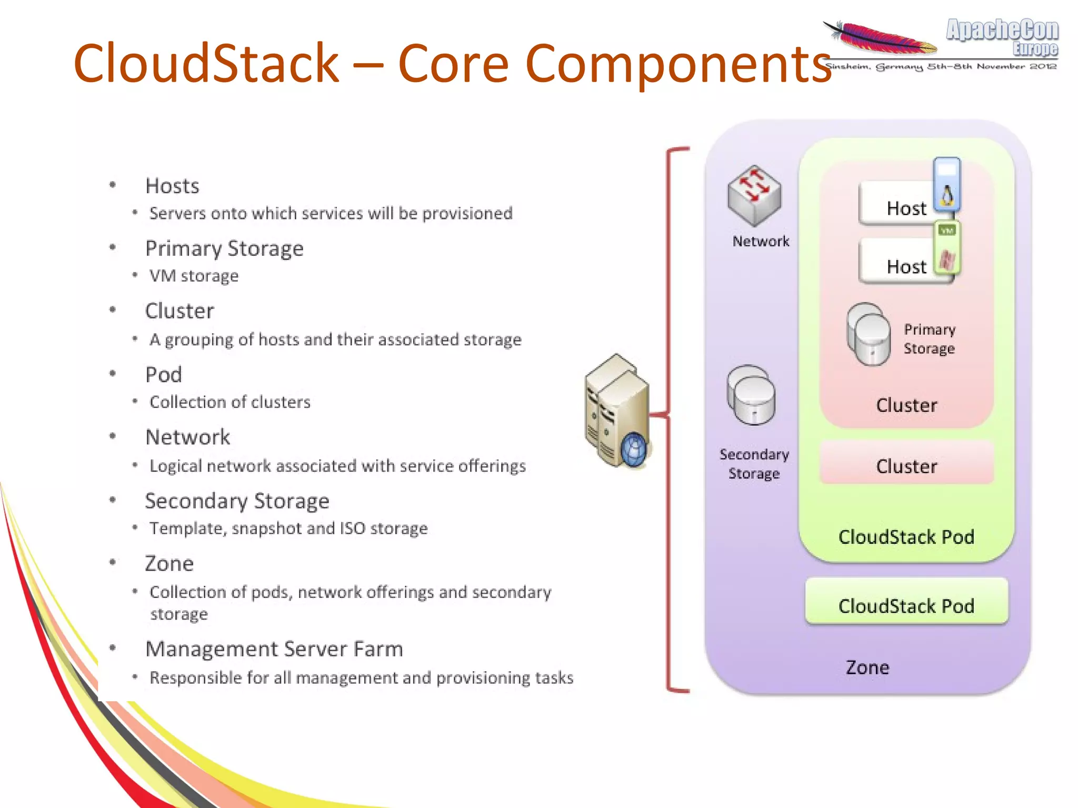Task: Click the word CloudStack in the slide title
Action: (206, 63)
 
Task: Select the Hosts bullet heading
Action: (172, 186)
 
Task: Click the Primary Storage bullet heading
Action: (224, 248)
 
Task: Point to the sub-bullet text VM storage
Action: (194, 276)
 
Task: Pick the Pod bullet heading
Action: (164, 374)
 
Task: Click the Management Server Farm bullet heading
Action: (274, 649)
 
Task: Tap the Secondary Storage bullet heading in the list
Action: (237, 501)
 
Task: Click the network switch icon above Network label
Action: (754, 195)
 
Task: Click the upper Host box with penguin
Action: (900, 205)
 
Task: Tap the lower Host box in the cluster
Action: (900, 263)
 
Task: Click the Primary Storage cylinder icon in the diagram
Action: (869, 335)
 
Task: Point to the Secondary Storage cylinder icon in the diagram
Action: (751, 396)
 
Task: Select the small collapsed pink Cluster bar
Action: (906, 465)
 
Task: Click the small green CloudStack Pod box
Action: (906, 605)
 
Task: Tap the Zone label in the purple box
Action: (867, 667)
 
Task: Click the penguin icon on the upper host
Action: (947, 196)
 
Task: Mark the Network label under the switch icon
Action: (761, 241)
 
